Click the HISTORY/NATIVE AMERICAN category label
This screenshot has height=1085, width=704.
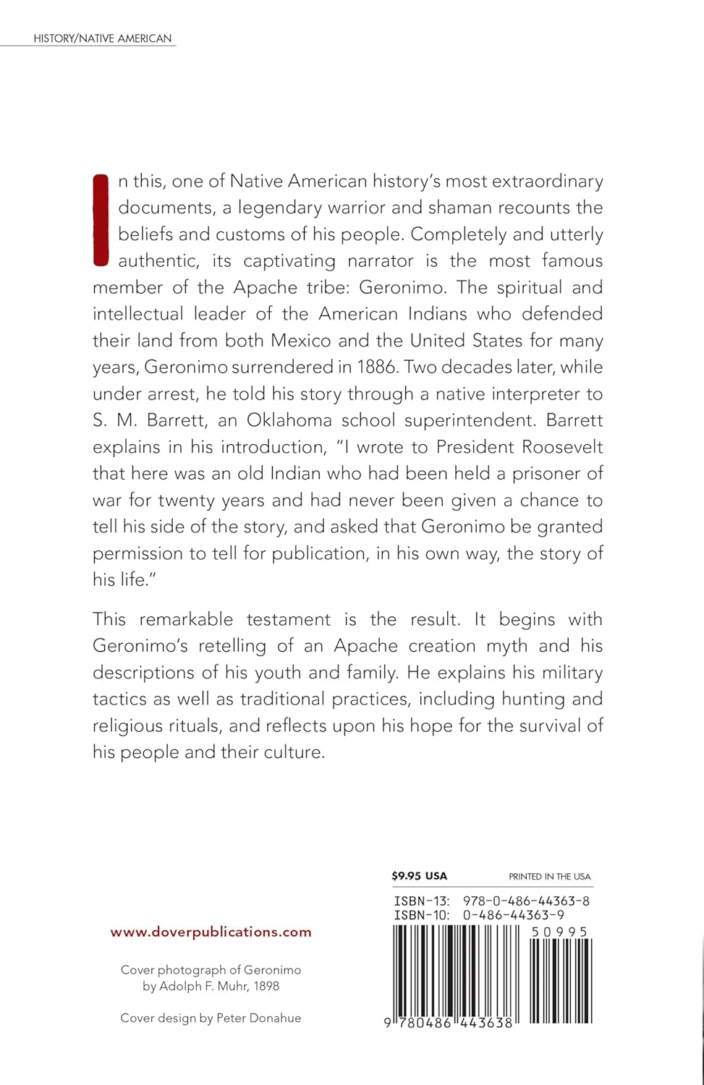coord(102,38)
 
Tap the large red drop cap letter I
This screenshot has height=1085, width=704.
coord(101,220)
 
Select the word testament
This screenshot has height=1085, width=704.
coord(288,619)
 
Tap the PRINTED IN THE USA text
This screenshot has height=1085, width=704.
coord(549,877)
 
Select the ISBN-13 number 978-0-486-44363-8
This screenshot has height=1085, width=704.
coord(526,901)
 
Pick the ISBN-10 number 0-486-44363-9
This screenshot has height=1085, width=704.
coord(513,915)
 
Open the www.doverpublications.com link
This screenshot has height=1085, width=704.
coord(211,932)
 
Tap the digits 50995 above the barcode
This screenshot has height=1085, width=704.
coord(559,932)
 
